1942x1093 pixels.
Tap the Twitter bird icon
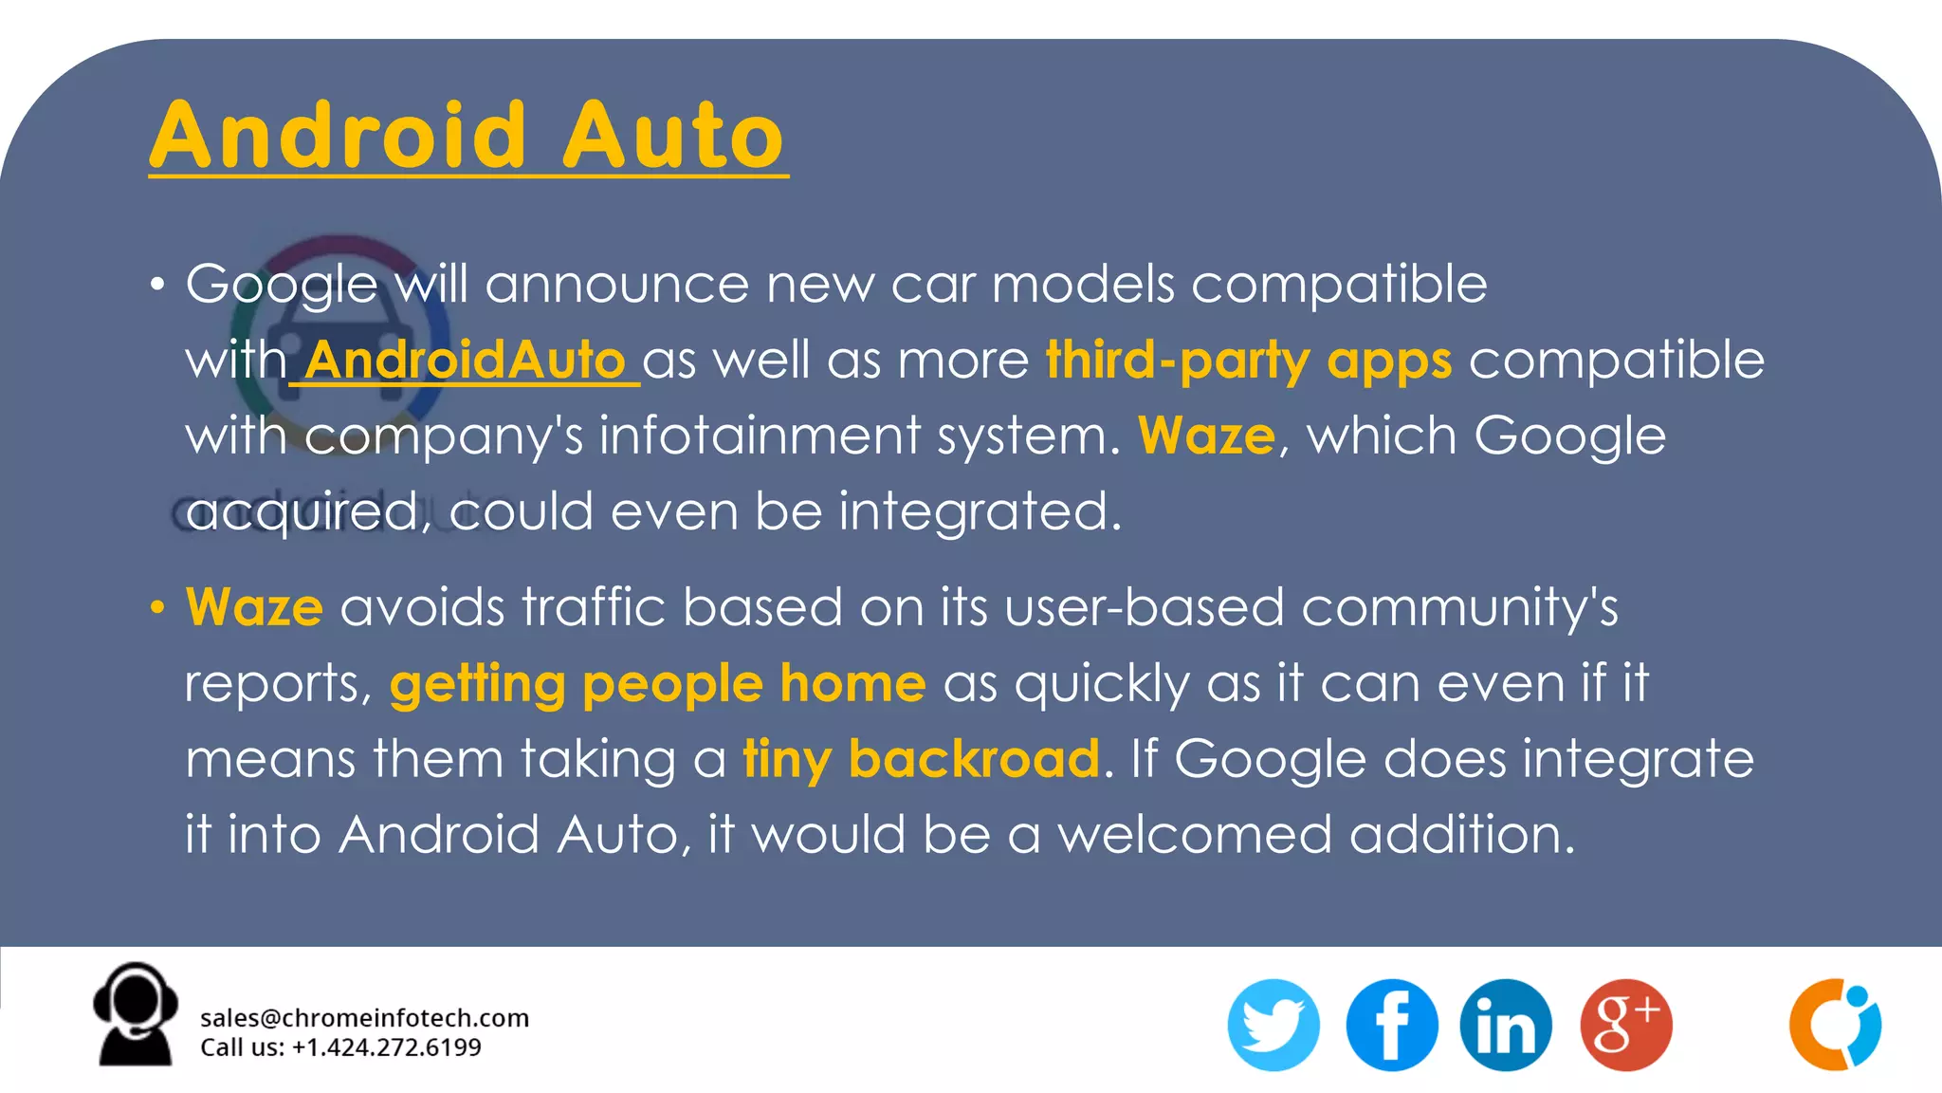1273,1025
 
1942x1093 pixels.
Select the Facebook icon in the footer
1391,1025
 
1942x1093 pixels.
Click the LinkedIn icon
1506,1025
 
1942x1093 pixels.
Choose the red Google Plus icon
1625,1025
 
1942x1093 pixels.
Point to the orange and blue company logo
1835,1025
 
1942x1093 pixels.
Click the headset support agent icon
135,1015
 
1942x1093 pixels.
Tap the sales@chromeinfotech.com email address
364,1018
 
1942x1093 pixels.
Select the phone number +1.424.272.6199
386,1047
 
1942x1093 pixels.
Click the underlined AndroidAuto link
465,361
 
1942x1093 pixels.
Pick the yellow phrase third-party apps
1248,361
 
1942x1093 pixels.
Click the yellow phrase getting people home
657,683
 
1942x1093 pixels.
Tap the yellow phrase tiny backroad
921,759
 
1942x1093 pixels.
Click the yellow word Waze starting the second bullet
254,607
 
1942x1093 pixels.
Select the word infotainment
760,436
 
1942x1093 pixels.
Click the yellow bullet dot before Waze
157,607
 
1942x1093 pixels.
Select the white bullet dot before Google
157,284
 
